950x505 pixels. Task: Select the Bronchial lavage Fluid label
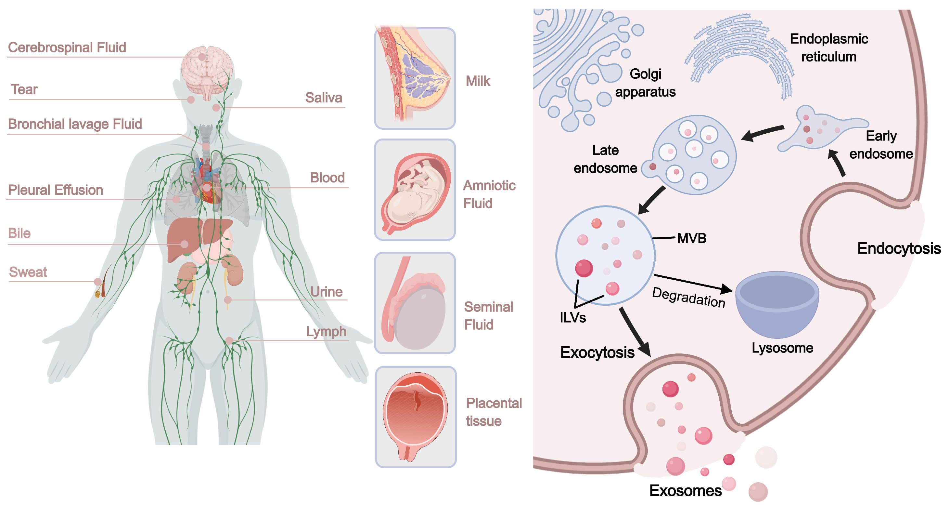(x=75, y=124)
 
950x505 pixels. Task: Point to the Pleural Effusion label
(x=55, y=190)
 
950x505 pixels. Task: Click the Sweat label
(x=28, y=272)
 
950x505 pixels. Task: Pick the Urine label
(x=327, y=292)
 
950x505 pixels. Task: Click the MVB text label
(x=691, y=238)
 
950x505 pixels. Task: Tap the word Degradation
(x=688, y=298)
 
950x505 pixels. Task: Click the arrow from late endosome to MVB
(x=652, y=200)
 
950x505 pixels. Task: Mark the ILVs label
(x=573, y=318)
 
